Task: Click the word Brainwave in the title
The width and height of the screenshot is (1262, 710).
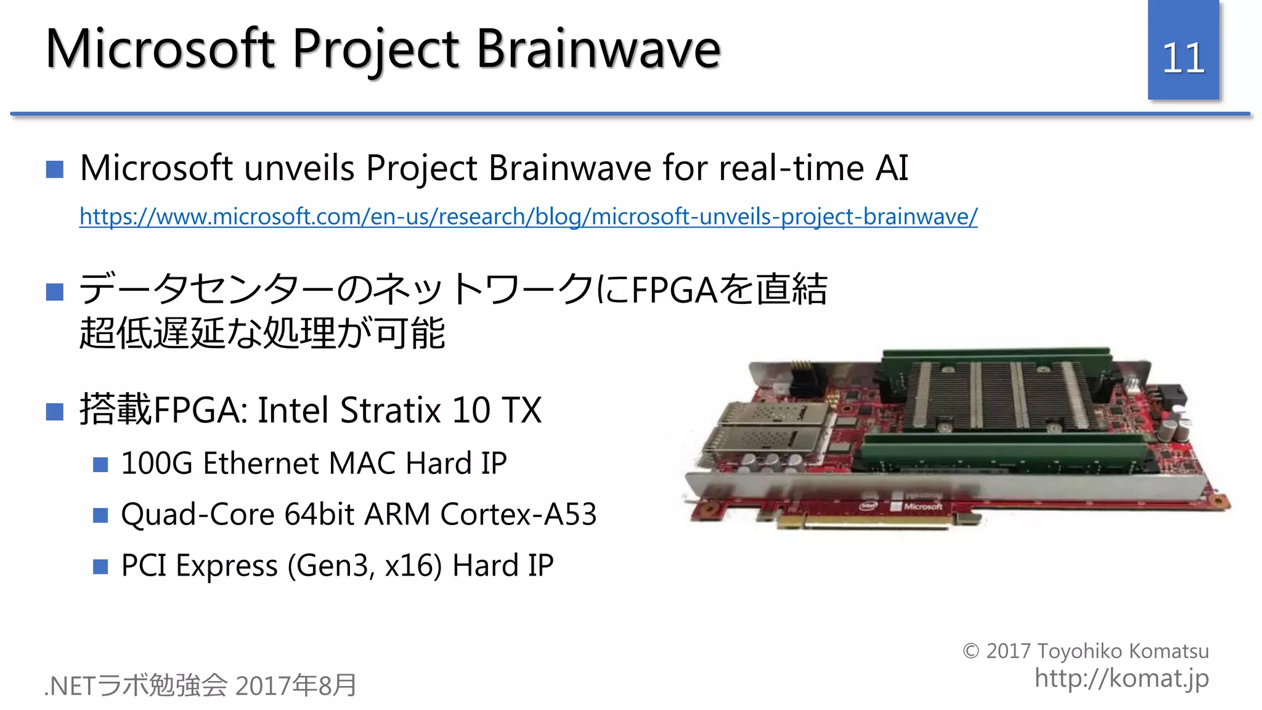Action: click(598, 49)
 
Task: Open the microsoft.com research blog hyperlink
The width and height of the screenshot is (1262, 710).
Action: click(528, 216)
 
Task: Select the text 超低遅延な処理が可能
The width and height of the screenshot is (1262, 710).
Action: click(262, 333)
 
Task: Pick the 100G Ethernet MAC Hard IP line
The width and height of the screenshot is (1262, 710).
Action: click(313, 463)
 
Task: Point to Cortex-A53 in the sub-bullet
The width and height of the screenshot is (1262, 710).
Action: click(518, 514)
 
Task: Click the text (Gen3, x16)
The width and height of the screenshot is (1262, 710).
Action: click(365, 565)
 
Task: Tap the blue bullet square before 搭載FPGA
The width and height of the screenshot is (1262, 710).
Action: click(55, 411)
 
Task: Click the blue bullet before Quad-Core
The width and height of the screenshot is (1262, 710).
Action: click(100, 515)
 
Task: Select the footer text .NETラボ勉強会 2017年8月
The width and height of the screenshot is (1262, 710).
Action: click(201, 685)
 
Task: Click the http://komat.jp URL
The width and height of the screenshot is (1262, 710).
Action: click(1121, 678)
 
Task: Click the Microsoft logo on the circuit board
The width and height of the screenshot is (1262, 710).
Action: click(922, 507)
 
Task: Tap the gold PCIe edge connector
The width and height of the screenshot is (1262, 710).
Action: click(863, 521)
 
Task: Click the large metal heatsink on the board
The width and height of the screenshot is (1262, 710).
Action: click(998, 394)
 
